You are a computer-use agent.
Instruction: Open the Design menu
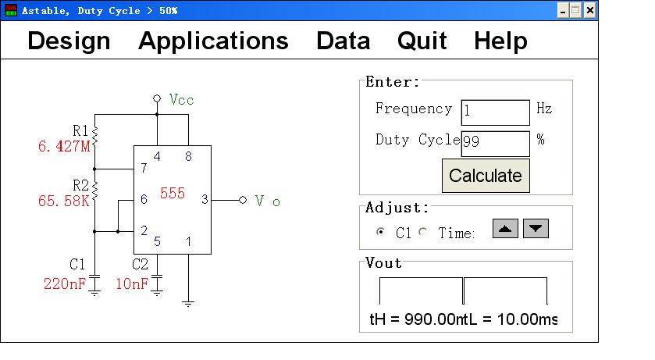(x=69, y=41)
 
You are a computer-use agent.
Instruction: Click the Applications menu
(x=213, y=41)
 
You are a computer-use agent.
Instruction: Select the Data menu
(x=343, y=41)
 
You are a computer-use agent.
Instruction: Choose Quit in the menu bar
(x=422, y=41)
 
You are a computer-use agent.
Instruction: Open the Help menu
(x=500, y=41)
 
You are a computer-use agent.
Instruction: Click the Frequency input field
(x=495, y=112)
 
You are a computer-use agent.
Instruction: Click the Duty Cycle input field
(x=495, y=143)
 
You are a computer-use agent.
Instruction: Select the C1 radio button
(x=381, y=232)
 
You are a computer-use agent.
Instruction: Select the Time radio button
(x=423, y=232)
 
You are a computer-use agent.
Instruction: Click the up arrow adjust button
(x=505, y=229)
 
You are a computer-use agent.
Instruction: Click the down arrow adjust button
(x=536, y=229)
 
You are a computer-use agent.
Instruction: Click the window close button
(x=590, y=10)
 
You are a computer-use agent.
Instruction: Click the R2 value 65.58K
(x=65, y=201)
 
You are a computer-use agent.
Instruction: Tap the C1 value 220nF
(x=65, y=283)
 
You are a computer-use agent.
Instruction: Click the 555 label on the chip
(x=172, y=193)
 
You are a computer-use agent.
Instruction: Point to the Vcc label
(x=181, y=100)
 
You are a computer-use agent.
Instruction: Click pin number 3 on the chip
(x=205, y=200)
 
